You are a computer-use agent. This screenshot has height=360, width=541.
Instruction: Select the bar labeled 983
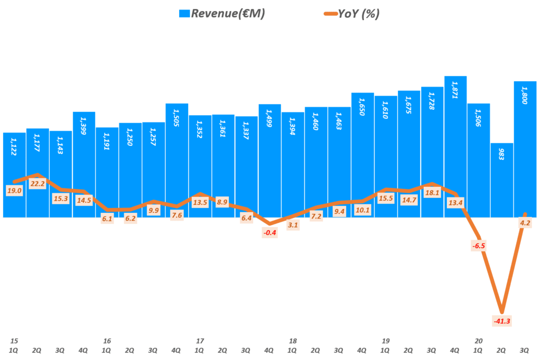[501, 179]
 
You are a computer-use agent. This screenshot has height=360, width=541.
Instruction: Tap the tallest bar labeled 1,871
[455, 148]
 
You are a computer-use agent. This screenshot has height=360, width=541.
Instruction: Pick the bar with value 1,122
[14, 174]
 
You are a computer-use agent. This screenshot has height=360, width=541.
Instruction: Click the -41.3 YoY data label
[501, 320]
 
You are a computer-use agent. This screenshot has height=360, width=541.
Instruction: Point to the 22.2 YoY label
[37, 183]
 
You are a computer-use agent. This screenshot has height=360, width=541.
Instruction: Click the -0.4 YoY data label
[269, 233]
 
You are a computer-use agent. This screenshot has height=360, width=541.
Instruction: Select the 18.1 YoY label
[432, 193]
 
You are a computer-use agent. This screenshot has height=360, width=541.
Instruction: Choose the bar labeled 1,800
[525, 148]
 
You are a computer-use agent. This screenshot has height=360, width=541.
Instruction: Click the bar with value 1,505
[176, 158]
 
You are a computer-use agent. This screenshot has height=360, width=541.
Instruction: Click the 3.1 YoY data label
[293, 225]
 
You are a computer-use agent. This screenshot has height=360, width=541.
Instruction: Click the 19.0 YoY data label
[14, 191]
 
